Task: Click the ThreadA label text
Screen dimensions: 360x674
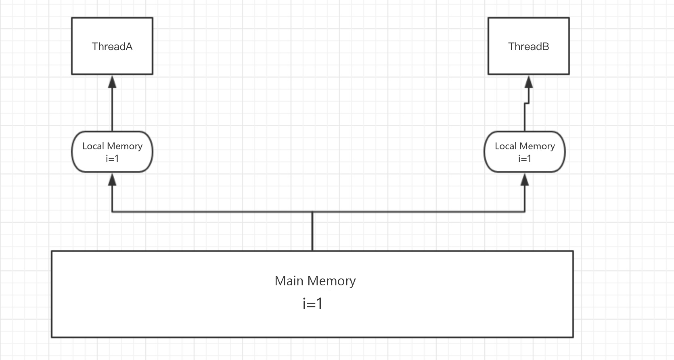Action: [x=112, y=46]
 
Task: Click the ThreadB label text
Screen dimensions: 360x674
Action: [x=528, y=46]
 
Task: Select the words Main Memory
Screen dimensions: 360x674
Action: [x=315, y=281]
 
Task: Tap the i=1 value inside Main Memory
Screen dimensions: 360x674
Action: [x=312, y=303]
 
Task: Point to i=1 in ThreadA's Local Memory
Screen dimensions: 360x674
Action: [x=112, y=159]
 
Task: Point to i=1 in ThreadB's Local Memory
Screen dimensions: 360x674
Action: [x=525, y=159]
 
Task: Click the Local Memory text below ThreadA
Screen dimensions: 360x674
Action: [x=112, y=146]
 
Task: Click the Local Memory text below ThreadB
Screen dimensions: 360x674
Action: [x=525, y=146]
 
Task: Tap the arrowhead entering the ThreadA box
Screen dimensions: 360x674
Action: [x=112, y=82]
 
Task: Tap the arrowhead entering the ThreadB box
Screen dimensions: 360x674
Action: [x=528, y=82]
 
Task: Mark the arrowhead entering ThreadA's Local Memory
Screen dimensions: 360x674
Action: [x=112, y=180]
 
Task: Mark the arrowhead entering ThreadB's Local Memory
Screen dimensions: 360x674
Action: [x=525, y=180]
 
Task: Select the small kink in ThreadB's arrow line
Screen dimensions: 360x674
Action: [x=527, y=103]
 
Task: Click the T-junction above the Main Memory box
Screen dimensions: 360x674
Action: [x=312, y=211]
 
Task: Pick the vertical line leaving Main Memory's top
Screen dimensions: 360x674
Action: [x=312, y=232]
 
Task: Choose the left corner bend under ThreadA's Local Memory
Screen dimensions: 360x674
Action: [x=112, y=211]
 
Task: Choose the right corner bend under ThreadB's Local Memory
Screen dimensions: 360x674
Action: [x=525, y=211]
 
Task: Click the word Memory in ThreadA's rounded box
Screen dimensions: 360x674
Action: [x=124, y=146]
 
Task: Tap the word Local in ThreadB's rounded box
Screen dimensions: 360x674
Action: [x=505, y=146]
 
